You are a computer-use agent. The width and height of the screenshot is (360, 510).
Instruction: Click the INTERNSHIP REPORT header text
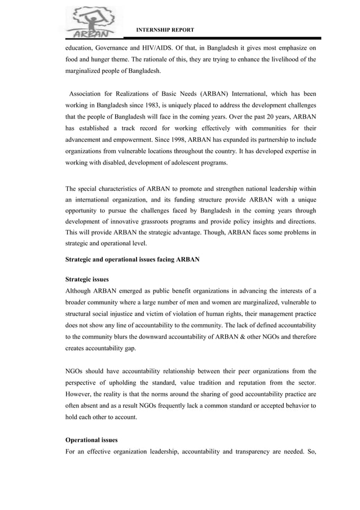(166, 29)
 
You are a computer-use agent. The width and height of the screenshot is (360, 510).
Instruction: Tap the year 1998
(169, 139)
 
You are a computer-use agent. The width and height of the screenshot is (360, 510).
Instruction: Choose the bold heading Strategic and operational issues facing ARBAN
(132, 259)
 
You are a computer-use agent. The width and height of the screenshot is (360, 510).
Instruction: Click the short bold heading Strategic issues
(87, 279)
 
